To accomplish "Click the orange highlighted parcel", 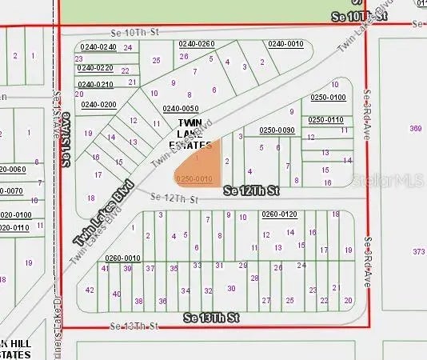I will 200,164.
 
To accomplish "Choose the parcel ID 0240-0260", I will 197,43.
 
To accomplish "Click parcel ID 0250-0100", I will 327,98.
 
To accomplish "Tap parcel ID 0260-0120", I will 279,214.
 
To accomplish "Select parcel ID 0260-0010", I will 122,258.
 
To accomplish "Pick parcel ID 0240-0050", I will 180,109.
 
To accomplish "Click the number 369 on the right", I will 415,128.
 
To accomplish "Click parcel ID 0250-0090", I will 277,130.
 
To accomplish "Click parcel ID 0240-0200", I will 98,105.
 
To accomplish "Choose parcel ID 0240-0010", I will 285,43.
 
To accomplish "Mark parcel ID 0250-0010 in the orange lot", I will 194,179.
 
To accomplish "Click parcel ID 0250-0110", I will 326,120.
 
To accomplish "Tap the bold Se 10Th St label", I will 359,16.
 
